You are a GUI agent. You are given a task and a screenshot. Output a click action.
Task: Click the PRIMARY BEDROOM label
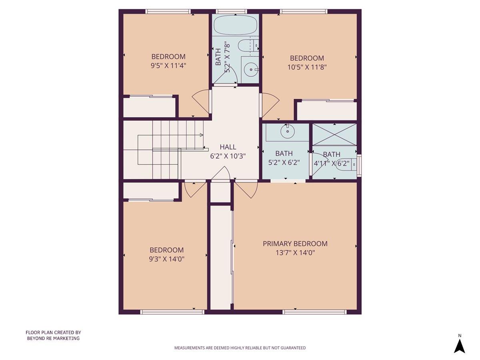tap(295, 244)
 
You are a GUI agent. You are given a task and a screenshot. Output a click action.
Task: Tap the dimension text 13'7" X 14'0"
tap(295, 253)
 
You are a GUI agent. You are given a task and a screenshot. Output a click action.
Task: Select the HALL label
tap(228, 147)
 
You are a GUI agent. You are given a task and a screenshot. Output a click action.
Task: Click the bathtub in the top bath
tap(235, 25)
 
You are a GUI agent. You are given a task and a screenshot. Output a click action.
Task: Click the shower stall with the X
tap(334, 134)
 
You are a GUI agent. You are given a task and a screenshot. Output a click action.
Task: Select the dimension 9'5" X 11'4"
tap(168, 66)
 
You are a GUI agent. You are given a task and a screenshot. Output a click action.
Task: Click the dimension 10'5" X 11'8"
tap(307, 67)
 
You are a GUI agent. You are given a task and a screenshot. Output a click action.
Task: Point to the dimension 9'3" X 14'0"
tap(166, 259)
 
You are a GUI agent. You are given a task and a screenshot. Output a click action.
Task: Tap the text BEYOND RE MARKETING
tap(53, 338)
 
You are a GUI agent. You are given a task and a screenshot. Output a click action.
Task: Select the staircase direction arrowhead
tap(201, 135)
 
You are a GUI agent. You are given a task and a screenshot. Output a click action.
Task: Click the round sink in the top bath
tap(251, 70)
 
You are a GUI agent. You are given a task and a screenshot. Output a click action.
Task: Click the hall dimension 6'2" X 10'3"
tap(228, 156)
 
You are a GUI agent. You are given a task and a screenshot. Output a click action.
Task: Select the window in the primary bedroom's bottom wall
tap(314, 312)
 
